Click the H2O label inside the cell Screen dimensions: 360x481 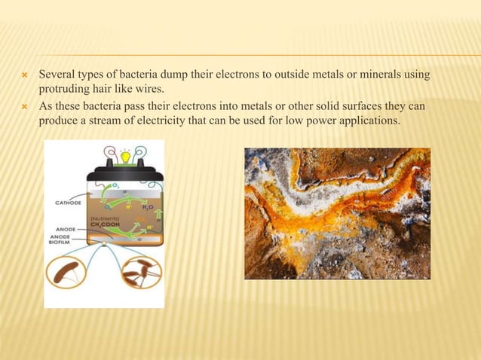[x=148, y=206]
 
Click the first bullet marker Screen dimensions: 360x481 [x=23, y=75]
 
